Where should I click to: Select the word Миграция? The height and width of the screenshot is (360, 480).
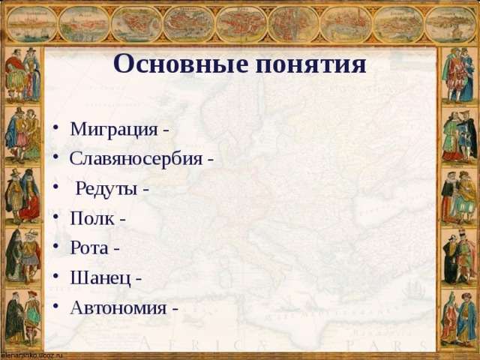(113, 129)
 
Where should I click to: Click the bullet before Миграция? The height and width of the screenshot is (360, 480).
(57, 129)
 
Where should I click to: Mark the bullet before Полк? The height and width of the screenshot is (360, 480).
(57, 219)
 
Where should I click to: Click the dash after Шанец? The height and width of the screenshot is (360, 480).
(139, 279)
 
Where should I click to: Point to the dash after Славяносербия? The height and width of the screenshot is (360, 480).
(211, 160)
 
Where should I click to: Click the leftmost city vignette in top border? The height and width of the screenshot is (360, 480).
(31, 24)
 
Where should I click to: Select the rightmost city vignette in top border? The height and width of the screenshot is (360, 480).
(450, 24)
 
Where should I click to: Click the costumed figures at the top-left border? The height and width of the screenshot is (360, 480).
(22, 75)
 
